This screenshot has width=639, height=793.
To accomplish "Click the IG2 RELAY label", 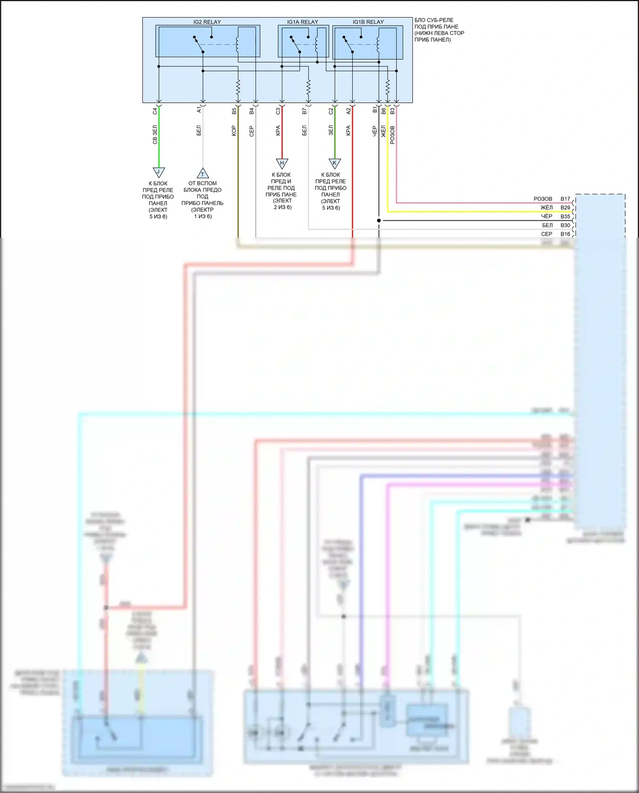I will (207, 22).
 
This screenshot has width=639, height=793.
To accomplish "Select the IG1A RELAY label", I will (302, 22).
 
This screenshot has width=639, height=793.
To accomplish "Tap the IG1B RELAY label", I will (368, 22).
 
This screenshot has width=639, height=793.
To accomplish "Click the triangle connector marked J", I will (158, 172).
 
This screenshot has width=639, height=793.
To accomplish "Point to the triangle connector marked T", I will (203, 173).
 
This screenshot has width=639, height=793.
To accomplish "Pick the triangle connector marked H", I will (282, 163).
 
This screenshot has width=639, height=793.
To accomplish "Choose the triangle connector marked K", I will (334, 163).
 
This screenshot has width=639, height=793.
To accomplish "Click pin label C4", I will (155, 111).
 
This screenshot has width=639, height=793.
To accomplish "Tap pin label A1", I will (199, 110).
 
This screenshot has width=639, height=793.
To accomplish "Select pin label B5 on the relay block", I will (234, 111).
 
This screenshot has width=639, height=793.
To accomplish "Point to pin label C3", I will (278, 111).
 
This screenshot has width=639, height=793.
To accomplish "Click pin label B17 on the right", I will (565, 199).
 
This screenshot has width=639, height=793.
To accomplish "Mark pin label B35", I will (565, 216).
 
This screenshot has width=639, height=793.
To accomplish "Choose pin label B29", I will (565, 208).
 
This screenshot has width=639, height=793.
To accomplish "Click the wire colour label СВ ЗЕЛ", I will (155, 134).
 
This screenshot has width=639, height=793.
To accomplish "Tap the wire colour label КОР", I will (234, 131).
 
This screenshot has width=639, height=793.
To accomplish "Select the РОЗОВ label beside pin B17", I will (543, 199).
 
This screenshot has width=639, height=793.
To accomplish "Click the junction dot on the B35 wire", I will (379, 220).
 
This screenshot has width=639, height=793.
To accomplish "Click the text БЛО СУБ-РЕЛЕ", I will (434, 20).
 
